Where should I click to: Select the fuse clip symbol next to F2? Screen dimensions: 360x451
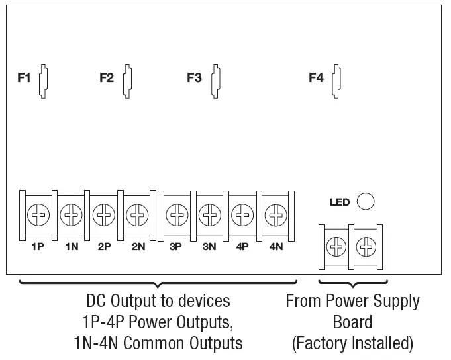click(x=126, y=80)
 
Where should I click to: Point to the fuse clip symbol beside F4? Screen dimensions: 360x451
click(x=336, y=80)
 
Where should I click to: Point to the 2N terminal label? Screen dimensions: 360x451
click(x=138, y=246)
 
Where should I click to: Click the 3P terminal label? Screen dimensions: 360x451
click(x=175, y=246)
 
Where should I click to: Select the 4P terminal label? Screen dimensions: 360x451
click(x=242, y=246)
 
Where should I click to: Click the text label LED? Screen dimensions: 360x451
click(x=340, y=202)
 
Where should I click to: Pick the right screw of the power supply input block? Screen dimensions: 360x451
click(x=365, y=247)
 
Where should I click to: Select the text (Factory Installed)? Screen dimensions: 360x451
click(x=352, y=343)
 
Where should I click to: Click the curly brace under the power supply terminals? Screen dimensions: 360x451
click(x=352, y=284)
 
